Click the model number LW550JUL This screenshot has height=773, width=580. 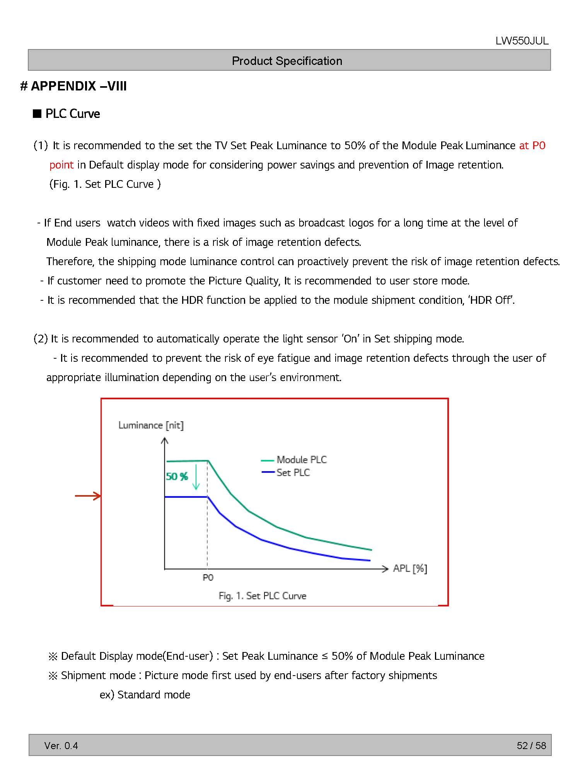(x=522, y=41)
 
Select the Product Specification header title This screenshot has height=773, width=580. (x=287, y=61)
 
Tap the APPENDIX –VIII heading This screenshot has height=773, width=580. (x=73, y=86)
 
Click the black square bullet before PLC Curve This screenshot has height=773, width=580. (x=37, y=114)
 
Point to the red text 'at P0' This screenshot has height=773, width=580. (x=532, y=146)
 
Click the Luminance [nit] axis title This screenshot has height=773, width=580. (x=151, y=426)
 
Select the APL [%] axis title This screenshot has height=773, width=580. (x=410, y=569)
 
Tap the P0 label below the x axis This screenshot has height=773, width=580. (x=208, y=577)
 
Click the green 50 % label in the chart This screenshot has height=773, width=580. (x=177, y=477)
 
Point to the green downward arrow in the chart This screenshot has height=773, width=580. (x=196, y=477)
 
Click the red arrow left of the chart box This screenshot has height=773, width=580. (x=88, y=496)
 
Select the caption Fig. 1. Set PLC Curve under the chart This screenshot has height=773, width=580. (x=263, y=596)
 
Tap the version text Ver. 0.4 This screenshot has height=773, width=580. (x=61, y=746)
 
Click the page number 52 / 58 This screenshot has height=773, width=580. (x=531, y=746)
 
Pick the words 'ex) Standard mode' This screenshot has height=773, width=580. (x=145, y=695)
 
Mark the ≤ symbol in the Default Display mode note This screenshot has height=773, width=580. (x=325, y=656)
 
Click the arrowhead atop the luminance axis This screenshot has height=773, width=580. (x=165, y=441)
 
